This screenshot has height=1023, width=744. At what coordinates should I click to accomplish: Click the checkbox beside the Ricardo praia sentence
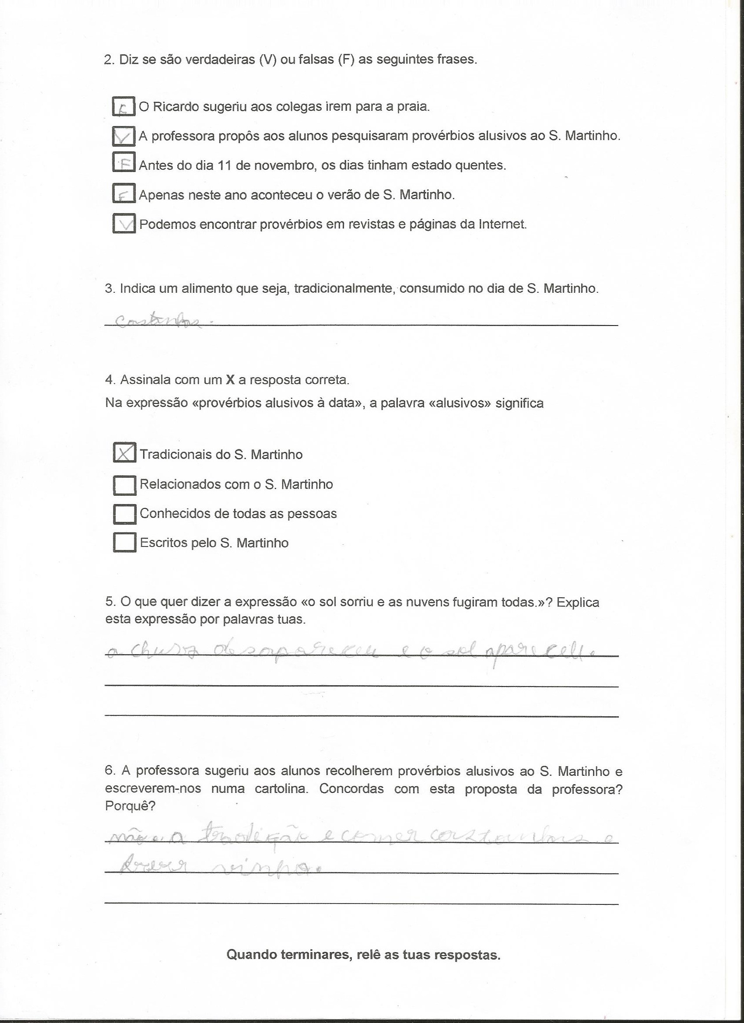(123, 107)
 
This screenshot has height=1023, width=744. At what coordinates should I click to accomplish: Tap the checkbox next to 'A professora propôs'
(123, 136)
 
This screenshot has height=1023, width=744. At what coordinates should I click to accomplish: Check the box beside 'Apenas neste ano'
(123, 194)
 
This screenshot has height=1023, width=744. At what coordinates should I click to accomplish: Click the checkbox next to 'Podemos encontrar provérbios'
(123, 224)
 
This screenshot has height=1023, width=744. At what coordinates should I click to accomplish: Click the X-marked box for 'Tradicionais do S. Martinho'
(124, 453)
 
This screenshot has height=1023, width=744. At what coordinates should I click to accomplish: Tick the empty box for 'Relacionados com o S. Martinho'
(124, 484)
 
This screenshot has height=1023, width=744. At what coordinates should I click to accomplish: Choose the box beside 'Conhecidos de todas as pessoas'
(124, 514)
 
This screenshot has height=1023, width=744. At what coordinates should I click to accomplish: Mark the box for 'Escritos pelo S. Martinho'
(124, 543)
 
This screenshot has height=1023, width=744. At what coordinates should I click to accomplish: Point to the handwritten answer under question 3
(158, 321)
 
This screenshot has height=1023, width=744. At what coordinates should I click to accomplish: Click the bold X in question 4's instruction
(230, 380)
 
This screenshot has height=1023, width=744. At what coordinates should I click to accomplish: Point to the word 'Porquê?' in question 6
(130, 806)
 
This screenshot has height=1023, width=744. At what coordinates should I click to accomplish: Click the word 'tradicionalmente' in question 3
(344, 289)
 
